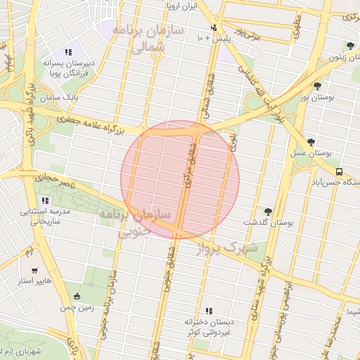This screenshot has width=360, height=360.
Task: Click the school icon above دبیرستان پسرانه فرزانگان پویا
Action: tap(68, 51)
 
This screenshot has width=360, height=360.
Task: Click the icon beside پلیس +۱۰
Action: tap(214, 27)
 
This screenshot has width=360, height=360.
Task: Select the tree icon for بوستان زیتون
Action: tap(350, 46)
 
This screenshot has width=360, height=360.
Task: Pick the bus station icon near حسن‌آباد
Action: tap(340, 171)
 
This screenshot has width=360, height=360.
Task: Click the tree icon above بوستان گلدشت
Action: tap(267, 211)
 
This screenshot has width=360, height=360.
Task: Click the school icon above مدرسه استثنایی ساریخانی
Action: tap(46, 200)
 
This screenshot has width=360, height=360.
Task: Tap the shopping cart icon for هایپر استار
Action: tap(34, 270)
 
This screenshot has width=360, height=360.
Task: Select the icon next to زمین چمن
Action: tap(77, 296)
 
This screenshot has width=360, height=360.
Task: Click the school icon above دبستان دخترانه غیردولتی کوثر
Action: tap(209, 310)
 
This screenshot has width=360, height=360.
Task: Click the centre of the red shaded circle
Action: tap(180, 179)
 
